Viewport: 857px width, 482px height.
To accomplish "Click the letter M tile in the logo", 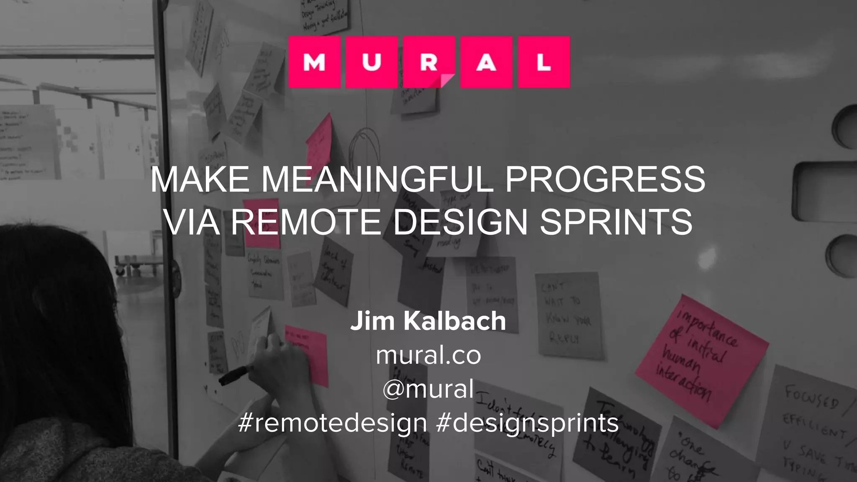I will pyautogui.click(x=314, y=62).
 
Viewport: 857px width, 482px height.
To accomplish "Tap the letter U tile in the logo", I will pyautogui.click(x=372, y=62).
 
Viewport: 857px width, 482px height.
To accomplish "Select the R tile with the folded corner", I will pyautogui.click(x=429, y=62).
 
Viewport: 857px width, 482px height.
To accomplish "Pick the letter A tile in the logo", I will pyautogui.click(x=486, y=62).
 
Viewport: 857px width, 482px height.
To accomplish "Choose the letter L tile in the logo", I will pyautogui.click(x=544, y=62).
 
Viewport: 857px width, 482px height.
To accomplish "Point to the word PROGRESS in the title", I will pyautogui.click(x=605, y=179).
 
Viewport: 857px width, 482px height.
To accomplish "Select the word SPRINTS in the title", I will pyautogui.click(x=616, y=222).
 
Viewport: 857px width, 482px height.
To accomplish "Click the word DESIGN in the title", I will pyautogui.click(x=460, y=222).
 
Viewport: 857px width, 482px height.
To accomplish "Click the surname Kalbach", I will pyautogui.click(x=454, y=321).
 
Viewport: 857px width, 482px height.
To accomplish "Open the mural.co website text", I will pyautogui.click(x=428, y=355).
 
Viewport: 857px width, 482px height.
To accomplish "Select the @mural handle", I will pyautogui.click(x=428, y=389).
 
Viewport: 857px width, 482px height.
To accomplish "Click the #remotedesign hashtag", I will pyautogui.click(x=333, y=423).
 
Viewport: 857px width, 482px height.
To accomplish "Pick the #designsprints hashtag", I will pyautogui.click(x=527, y=423).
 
